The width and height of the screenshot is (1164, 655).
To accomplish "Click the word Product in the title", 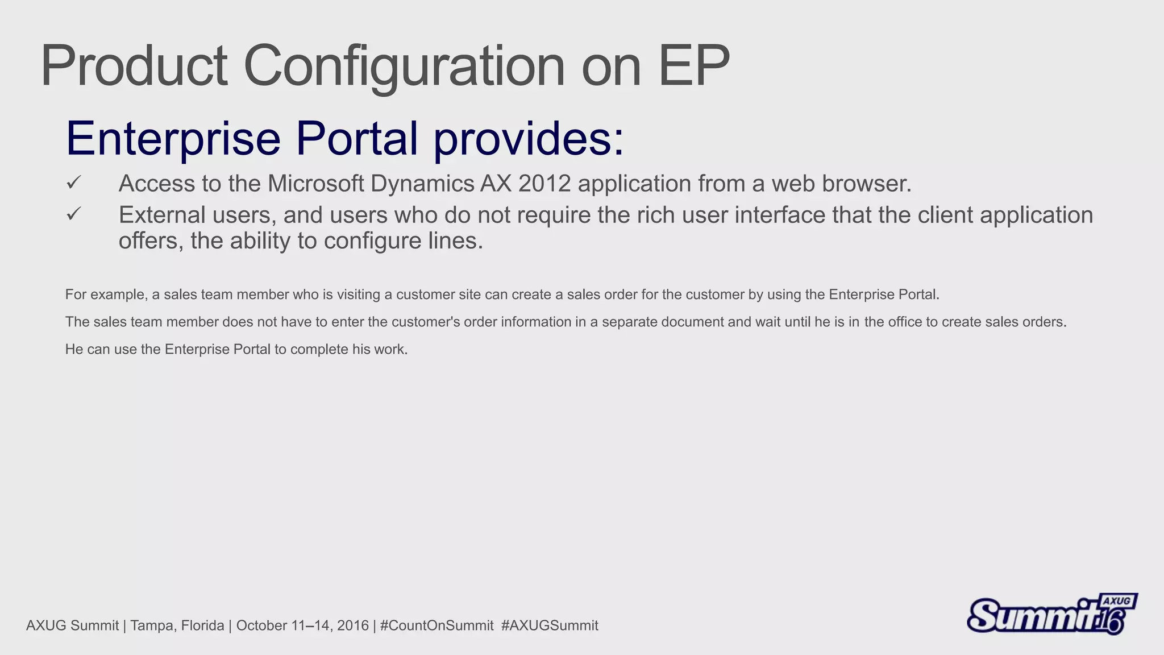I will point(134,67).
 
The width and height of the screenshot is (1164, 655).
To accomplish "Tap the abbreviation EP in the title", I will point(693,67).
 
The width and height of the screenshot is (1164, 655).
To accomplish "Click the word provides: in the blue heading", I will point(529,139).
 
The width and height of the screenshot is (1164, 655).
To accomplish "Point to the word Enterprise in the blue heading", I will point(173,139).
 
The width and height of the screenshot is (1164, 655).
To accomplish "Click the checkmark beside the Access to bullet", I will point(74,183).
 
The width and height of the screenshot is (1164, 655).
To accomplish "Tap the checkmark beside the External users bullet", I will point(74,214).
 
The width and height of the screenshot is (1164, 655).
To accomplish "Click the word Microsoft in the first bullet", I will point(315,184).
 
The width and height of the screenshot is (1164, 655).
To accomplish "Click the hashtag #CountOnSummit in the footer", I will point(436,625).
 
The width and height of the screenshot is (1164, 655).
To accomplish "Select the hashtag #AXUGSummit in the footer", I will point(550,625).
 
